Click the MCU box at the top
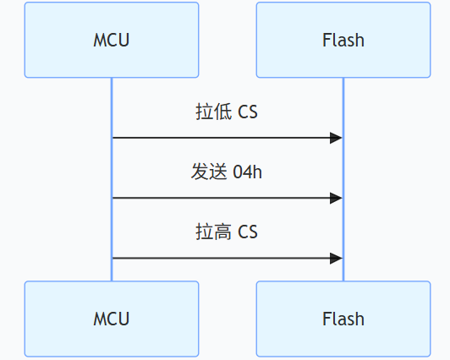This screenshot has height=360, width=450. tap(111, 40)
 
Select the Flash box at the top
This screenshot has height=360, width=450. tap(343, 40)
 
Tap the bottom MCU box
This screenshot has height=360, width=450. tap(111, 319)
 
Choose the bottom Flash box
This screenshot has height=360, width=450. tap(343, 319)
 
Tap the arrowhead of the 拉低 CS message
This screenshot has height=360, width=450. tap(337, 137)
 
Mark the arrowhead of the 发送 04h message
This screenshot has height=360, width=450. tap(337, 198)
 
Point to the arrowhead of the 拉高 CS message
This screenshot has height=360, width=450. tap(337, 258)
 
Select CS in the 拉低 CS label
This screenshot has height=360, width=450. tap(248, 112)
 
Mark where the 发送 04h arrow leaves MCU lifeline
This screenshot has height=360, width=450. tap(112, 198)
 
